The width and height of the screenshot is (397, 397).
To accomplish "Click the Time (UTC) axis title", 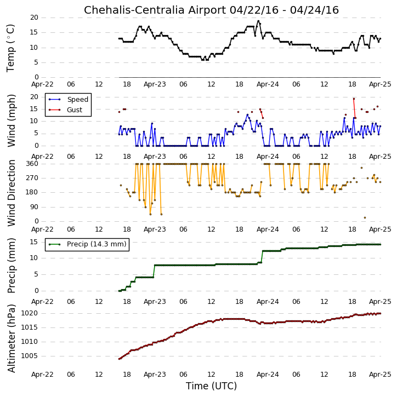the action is (211, 386).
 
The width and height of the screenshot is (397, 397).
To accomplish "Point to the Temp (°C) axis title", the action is (10, 48).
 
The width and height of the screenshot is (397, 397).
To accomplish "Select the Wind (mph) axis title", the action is (12, 121).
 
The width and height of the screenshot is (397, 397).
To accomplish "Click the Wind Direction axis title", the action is (12, 193).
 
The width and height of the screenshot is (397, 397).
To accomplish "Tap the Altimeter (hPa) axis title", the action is (12, 338).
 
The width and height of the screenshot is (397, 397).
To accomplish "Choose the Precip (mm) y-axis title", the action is (12, 266).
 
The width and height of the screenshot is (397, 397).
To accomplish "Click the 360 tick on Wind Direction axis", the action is (32, 164).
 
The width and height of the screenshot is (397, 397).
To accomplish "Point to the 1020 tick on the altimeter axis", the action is (29, 313).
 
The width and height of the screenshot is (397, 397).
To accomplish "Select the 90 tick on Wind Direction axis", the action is (34, 207).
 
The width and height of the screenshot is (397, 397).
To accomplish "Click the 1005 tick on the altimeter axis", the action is (29, 356).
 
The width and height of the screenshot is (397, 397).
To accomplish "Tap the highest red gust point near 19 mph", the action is (354, 99).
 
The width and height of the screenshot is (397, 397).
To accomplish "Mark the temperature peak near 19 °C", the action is (258, 21).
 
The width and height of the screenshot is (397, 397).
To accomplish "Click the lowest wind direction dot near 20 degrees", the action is (365, 218).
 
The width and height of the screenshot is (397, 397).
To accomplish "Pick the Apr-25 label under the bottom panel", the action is (380, 375).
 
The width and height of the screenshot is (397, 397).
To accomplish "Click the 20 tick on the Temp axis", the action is (34, 18).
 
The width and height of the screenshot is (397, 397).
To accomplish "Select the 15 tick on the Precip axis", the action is (34, 242).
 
